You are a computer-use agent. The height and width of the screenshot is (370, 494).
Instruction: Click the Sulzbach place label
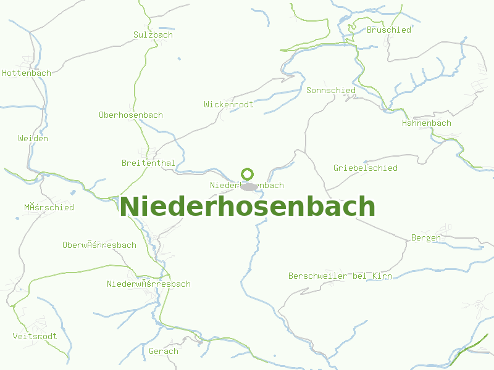[153, 35]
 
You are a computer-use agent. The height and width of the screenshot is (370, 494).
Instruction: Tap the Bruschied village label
[389, 30]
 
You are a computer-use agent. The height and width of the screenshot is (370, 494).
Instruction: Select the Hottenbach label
[27, 73]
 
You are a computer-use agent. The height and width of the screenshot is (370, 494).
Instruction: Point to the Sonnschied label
[331, 91]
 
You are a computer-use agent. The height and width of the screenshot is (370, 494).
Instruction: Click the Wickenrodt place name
[228, 105]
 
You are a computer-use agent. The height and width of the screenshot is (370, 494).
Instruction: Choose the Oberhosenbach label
[131, 115]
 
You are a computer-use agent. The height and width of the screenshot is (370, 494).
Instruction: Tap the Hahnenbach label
[427, 123]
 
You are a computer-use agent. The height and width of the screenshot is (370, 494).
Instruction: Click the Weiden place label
[33, 139]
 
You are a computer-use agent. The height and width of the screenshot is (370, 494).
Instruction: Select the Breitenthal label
[148, 163]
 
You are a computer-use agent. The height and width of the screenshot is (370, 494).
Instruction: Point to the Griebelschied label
[366, 168]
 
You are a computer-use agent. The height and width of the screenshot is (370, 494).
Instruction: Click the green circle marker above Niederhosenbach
[248, 174]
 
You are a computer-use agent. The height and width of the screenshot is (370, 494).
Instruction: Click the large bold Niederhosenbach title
[247, 207]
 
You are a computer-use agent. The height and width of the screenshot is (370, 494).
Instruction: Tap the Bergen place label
[426, 238]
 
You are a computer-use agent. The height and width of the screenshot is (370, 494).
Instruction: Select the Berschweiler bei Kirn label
[340, 276]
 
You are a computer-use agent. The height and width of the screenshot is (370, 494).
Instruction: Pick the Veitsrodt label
[35, 337]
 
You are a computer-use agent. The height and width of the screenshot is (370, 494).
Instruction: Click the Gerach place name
[164, 351]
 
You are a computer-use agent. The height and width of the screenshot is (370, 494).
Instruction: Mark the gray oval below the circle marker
[248, 186]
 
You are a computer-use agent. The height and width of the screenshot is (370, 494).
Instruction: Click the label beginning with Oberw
[99, 245]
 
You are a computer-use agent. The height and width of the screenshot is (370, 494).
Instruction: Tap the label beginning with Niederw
[149, 284]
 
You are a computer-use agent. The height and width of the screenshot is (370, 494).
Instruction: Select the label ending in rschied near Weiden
[49, 208]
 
